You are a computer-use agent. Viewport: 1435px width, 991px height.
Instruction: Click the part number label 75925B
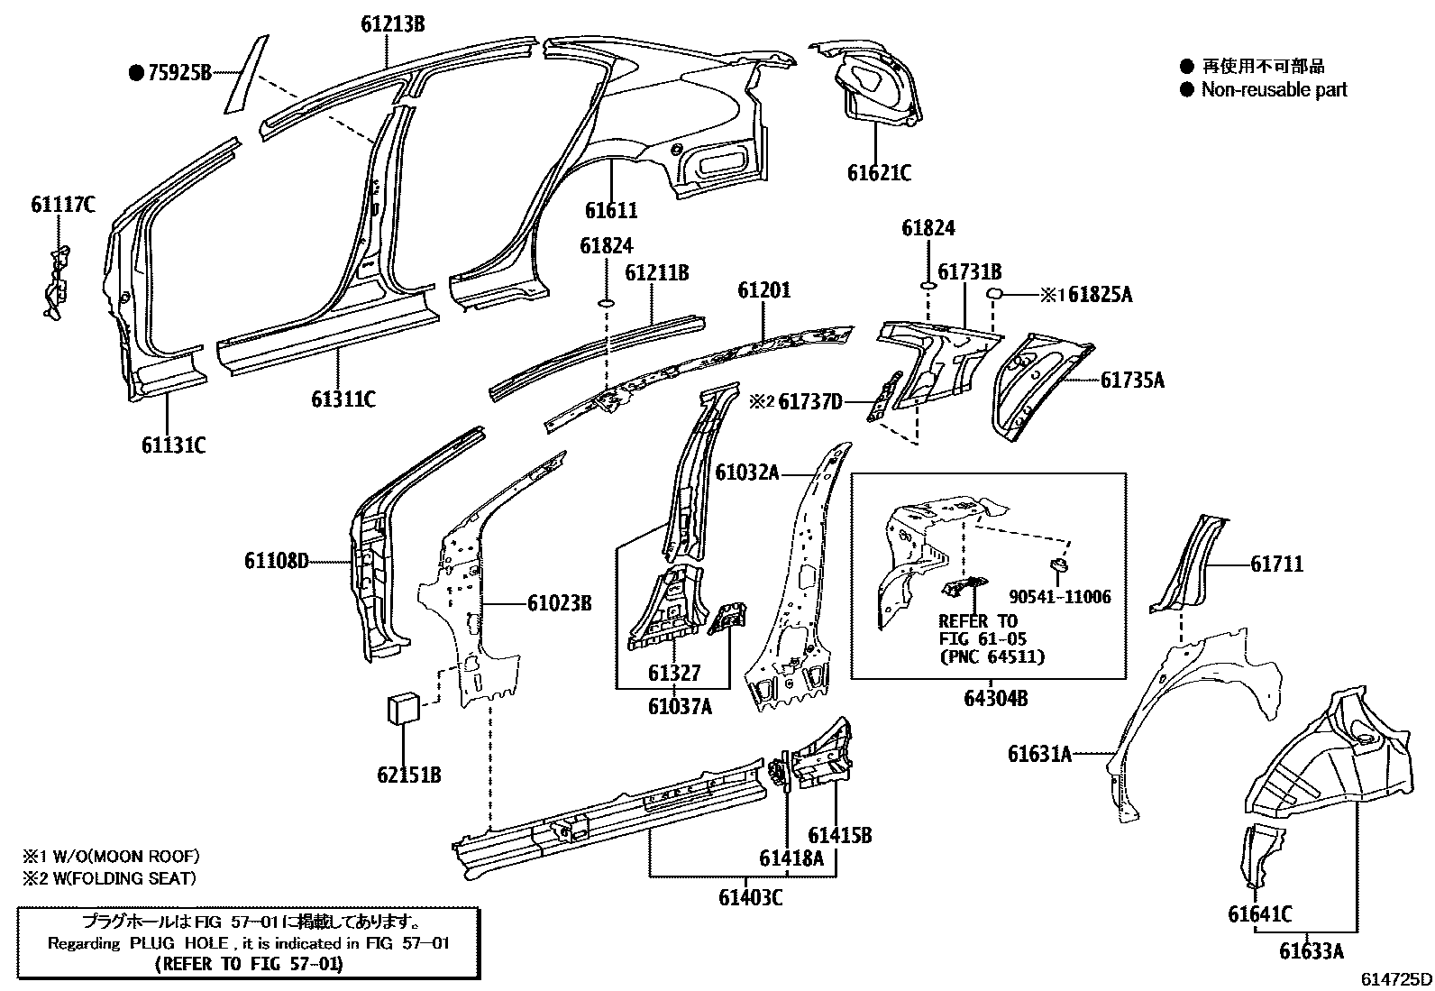click(178, 73)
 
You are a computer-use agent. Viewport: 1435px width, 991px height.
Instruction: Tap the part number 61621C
click(878, 172)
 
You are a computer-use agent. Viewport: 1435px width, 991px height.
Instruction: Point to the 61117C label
click(62, 205)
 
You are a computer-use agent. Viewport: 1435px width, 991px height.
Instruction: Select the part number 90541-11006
click(1059, 597)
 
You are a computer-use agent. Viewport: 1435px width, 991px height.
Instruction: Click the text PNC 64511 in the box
click(992, 656)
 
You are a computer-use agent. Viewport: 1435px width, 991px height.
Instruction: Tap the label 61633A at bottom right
click(1312, 950)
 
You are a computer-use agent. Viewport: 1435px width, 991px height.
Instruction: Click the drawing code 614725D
click(1395, 979)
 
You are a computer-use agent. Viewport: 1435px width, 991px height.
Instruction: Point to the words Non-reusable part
click(1274, 89)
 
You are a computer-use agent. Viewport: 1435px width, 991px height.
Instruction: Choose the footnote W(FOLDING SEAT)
click(117, 877)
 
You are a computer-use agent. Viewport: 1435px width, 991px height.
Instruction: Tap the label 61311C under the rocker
click(343, 398)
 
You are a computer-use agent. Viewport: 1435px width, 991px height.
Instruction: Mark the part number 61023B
click(559, 603)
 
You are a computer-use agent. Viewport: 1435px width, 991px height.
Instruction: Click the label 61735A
click(1132, 381)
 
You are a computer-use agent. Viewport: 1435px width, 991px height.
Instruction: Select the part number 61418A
click(791, 858)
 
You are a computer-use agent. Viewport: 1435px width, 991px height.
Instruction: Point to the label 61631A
click(1039, 753)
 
